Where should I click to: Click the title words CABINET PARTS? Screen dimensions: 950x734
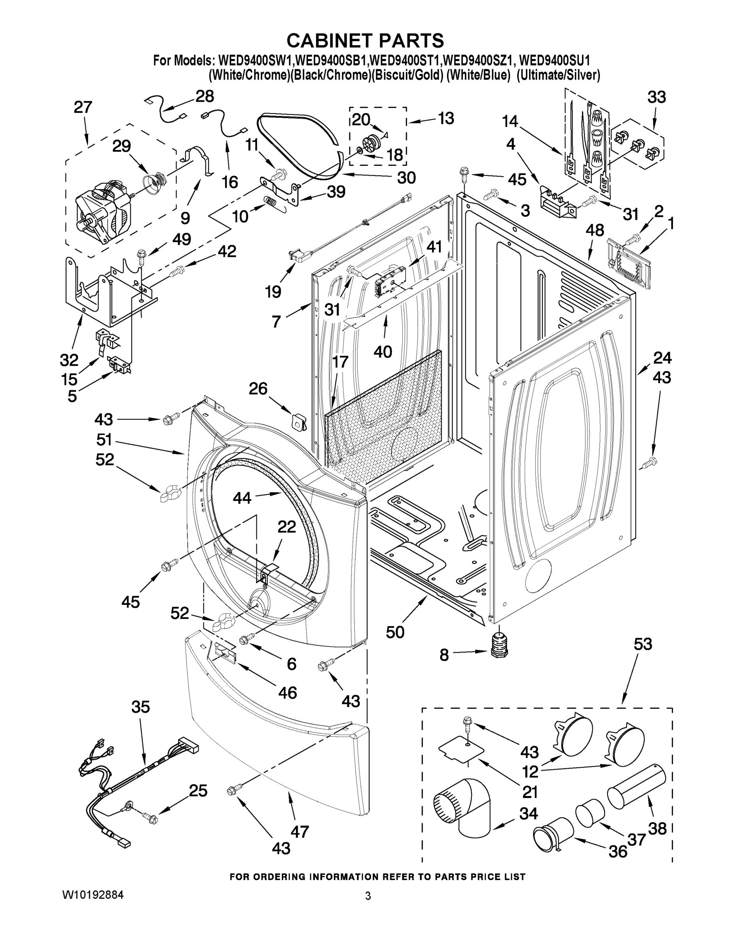point(365,40)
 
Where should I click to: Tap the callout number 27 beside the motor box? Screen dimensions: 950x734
point(83,107)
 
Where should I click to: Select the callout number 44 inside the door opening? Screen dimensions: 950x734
point(242,498)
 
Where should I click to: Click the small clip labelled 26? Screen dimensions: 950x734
point(299,421)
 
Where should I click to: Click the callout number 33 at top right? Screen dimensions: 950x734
point(656,97)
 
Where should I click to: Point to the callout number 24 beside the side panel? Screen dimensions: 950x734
point(662,358)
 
